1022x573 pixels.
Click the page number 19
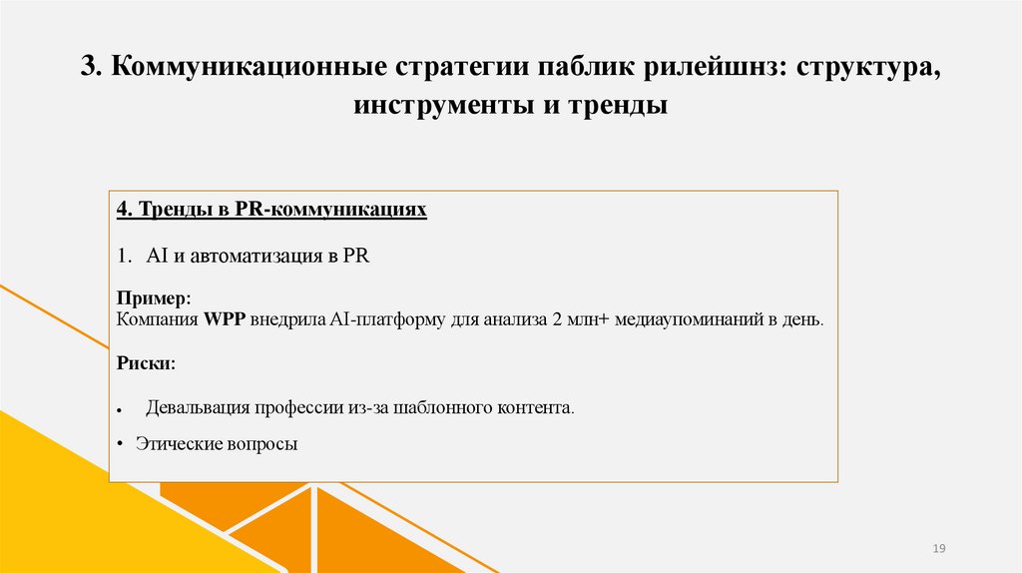coord(938,549)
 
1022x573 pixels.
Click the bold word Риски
coord(145,363)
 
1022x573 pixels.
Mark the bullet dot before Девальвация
coord(120,411)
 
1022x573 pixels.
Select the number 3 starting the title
coord(88,69)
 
